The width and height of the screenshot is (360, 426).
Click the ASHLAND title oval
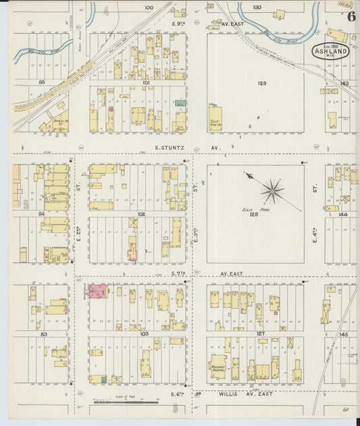pyautogui.click(x=331, y=51)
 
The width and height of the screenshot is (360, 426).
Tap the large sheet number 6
pyautogui.click(x=352, y=18)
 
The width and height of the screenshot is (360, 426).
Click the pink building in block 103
pyautogui.click(x=98, y=292)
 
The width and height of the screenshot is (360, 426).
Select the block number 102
pyautogui.click(x=141, y=214)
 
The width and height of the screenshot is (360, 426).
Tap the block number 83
pyautogui.click(x=44, y=334)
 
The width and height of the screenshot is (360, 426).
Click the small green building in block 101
pyautogui.click(x=181, y=103)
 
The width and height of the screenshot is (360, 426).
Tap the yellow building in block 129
pyautogui.click(x=216, y=117)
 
